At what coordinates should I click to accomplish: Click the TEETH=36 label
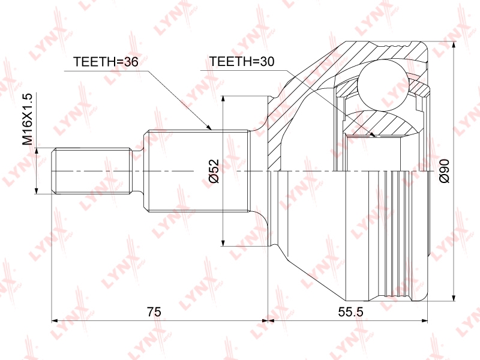coord(106,62)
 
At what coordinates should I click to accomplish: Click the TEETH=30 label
coord(242,62)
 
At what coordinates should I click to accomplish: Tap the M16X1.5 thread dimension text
coord(27,119)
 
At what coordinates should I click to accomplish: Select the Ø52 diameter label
coord(214,171)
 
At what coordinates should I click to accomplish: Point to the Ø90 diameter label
coord(444,171)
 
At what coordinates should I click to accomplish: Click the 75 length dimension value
coord(154,311)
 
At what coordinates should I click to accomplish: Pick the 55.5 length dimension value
coord(350,311)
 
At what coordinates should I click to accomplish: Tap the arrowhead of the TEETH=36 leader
coord(209,127)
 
